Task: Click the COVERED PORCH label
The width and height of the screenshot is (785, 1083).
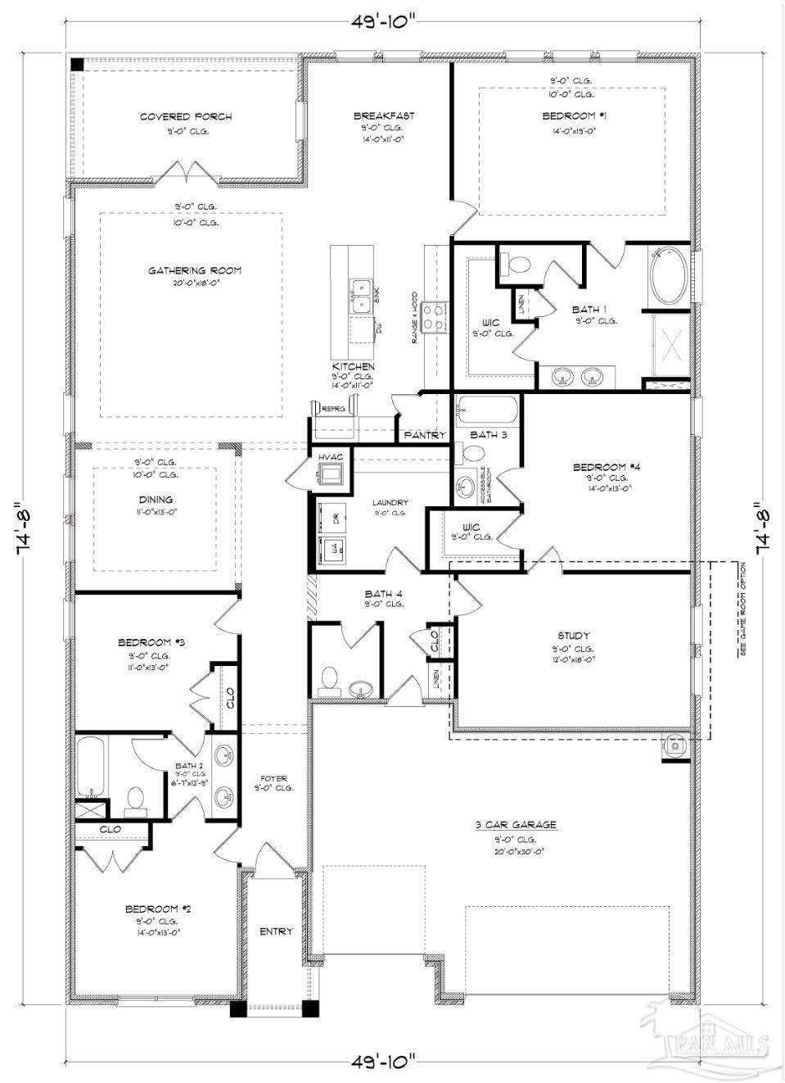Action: [185, 117]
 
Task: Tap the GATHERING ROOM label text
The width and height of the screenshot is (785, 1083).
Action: [195, 270]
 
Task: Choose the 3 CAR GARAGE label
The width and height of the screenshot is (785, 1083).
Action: [516, 825]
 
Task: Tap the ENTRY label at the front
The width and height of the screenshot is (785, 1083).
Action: [276, 931]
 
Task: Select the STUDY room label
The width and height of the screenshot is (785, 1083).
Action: [573, 636]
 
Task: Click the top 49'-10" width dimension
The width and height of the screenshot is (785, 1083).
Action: [384, 22]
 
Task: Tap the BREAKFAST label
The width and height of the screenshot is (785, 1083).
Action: [383, 116]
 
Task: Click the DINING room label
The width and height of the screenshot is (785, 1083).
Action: [156, 500]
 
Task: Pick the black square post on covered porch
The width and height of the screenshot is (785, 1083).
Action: [76, 64]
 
